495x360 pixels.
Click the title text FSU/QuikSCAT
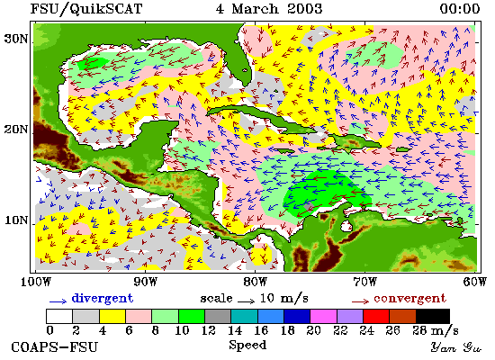click(86, 9)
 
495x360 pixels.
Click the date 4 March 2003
click(269, 8)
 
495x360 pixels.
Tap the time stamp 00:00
click(460, 9)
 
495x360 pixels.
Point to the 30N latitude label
click(16, 39)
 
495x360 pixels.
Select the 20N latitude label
click(16, 130)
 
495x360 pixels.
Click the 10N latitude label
click(16, 220)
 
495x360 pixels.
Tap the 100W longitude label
click(36, 282)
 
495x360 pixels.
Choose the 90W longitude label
click(145, 282)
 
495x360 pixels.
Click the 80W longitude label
click(255, 282)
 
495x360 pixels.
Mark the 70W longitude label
click(364, 282)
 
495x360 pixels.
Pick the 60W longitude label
click(474, 282)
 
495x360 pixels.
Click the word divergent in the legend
click(103, 299)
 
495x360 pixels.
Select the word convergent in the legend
click(410, 299)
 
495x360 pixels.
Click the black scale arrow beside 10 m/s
click(247, 301)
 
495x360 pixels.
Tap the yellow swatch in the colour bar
click(112, 317)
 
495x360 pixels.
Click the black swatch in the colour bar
click(433, 317)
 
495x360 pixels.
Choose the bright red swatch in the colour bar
click(376, 317)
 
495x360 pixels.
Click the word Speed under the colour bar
click(247, 346)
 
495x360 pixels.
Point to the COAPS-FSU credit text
click(55, 347)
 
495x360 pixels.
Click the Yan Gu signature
click(456, 347)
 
